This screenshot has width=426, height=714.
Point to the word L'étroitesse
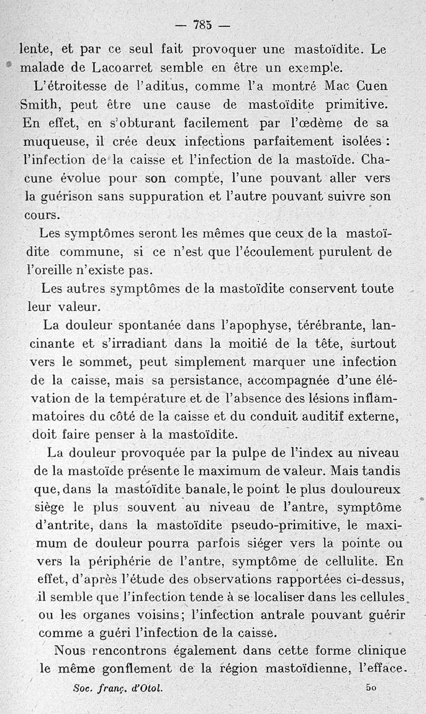[x=70, y=85]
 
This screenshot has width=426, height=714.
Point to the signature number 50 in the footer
[x=371, y=688]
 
